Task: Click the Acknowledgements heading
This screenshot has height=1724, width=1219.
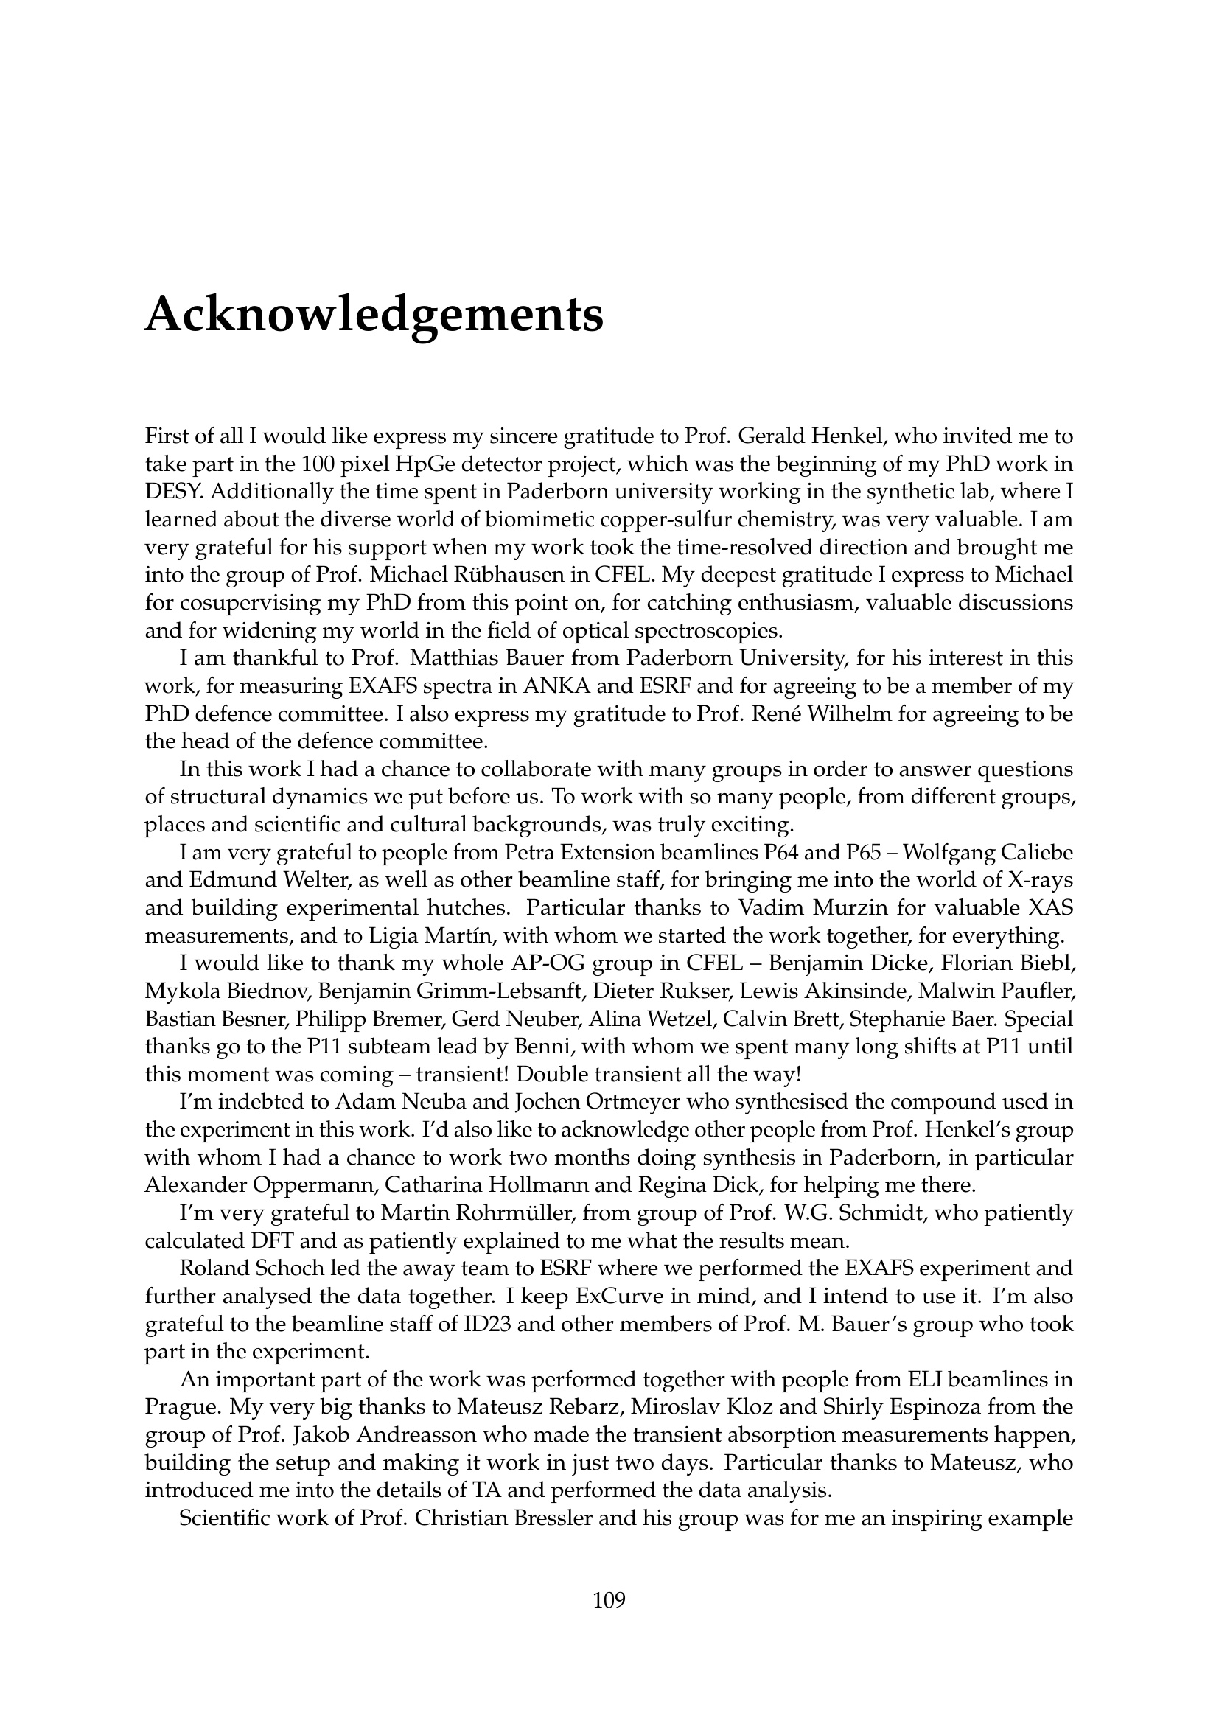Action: coord(374,315)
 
